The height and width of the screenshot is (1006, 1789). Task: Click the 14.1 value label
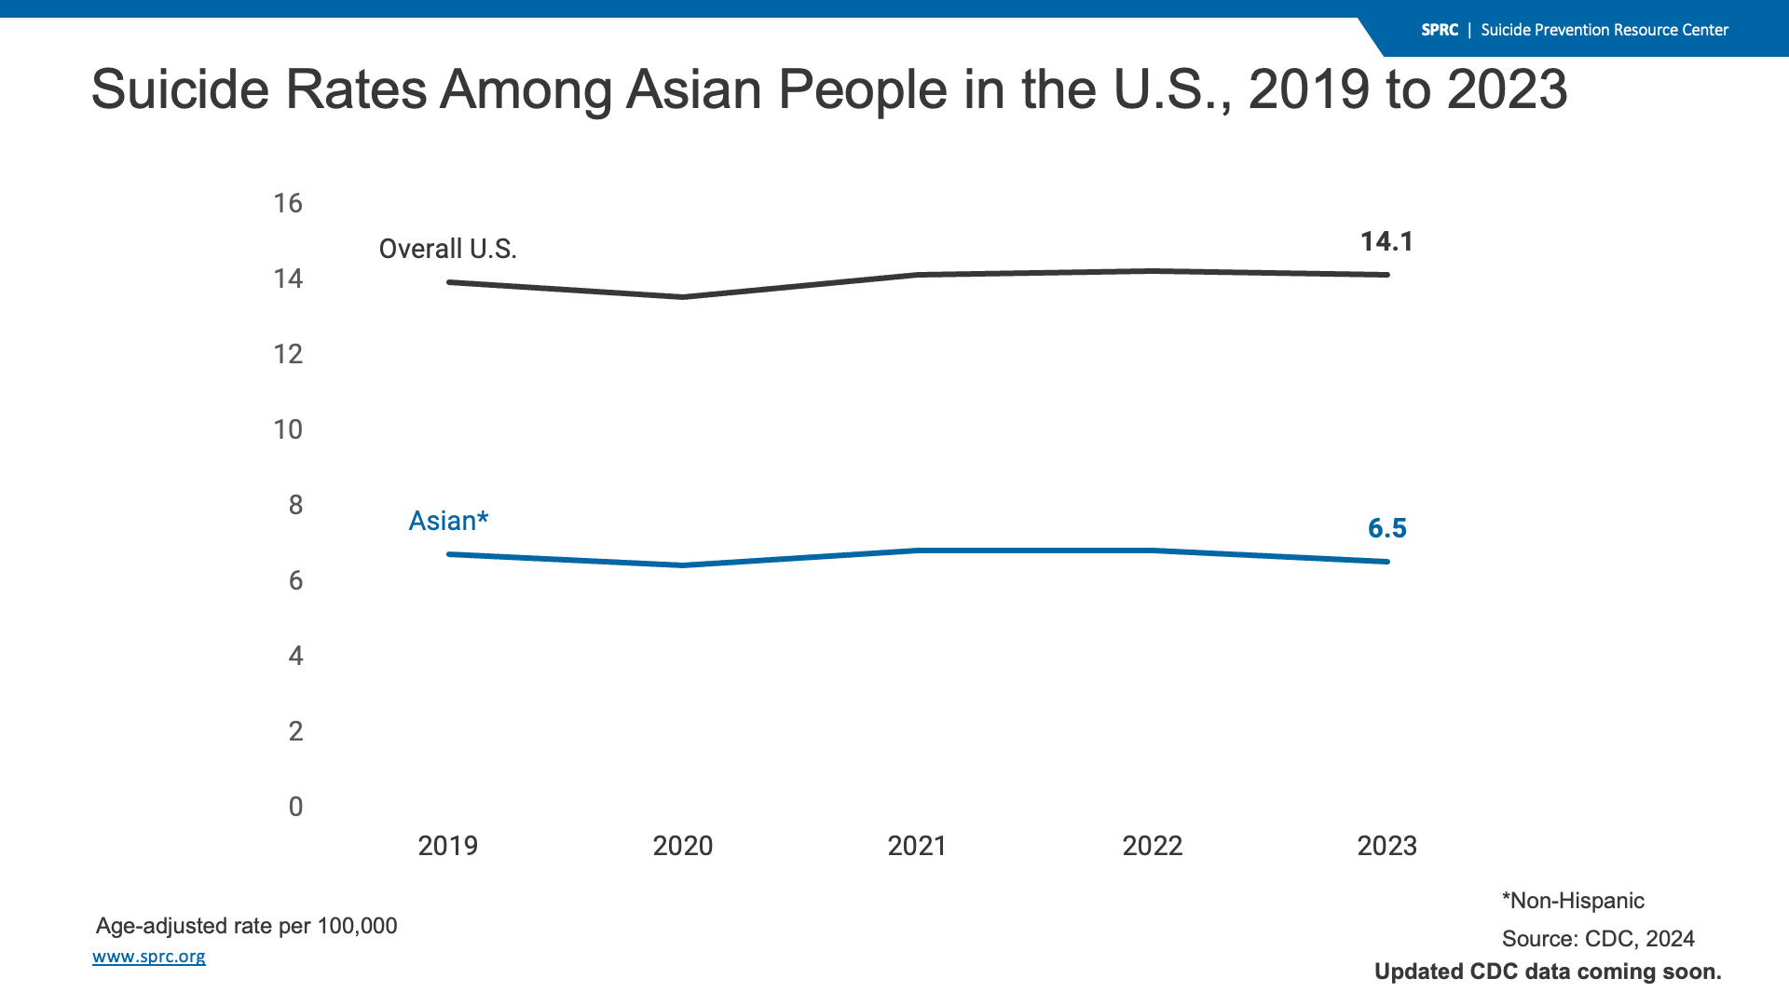(1386, 242)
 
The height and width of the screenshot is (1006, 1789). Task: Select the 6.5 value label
(1386, 529)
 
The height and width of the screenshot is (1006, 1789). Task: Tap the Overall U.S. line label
(447, 250)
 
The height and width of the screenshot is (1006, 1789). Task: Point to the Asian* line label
(448, 522)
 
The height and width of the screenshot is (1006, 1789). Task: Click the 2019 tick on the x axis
(447, 846)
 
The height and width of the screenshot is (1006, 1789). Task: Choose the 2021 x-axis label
(917, 846)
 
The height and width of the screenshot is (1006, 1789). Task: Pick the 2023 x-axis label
(1386, 846)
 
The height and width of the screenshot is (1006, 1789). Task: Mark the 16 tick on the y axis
(288, 203)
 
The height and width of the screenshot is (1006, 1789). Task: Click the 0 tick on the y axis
(295, 807)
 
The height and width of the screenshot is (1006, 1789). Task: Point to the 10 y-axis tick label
(288, 429)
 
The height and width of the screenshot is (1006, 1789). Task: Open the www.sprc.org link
(149, 957)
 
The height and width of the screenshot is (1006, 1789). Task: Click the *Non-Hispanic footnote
(1573, 901)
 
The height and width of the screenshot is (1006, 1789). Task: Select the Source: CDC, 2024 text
(1597, 939)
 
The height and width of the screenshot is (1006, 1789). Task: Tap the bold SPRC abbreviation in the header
(1440, 30)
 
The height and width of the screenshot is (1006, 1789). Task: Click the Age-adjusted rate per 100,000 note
(246, 926)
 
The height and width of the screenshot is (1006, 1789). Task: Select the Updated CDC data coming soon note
(1548, 972)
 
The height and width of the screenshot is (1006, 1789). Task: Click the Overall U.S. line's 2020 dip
(683, 297)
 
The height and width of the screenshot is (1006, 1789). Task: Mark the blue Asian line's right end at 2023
(1387, 562)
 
